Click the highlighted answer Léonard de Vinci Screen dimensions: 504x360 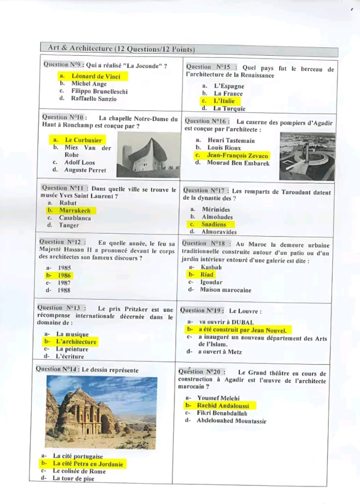(96, 76)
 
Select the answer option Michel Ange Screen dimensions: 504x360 (89, 84)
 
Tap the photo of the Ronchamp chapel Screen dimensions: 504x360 (148, 157)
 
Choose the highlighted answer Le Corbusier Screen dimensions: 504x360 (83, 140)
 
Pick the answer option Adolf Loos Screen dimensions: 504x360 (79, 162)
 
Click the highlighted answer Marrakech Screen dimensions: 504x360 (75, 210)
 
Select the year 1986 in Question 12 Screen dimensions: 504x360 (64, 275)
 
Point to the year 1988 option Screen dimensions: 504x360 (64, 290)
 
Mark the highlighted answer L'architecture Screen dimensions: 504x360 (76, 342)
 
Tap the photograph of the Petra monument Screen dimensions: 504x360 (101, 412)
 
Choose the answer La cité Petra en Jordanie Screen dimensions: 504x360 (87, 464)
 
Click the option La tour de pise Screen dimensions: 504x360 (73, 478)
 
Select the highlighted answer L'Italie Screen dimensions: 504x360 (224, 101)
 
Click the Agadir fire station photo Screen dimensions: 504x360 (307, 156)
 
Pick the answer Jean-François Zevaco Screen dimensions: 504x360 (237, 156)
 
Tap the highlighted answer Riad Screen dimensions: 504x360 (207, 275)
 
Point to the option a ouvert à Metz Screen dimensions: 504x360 (220, 352)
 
